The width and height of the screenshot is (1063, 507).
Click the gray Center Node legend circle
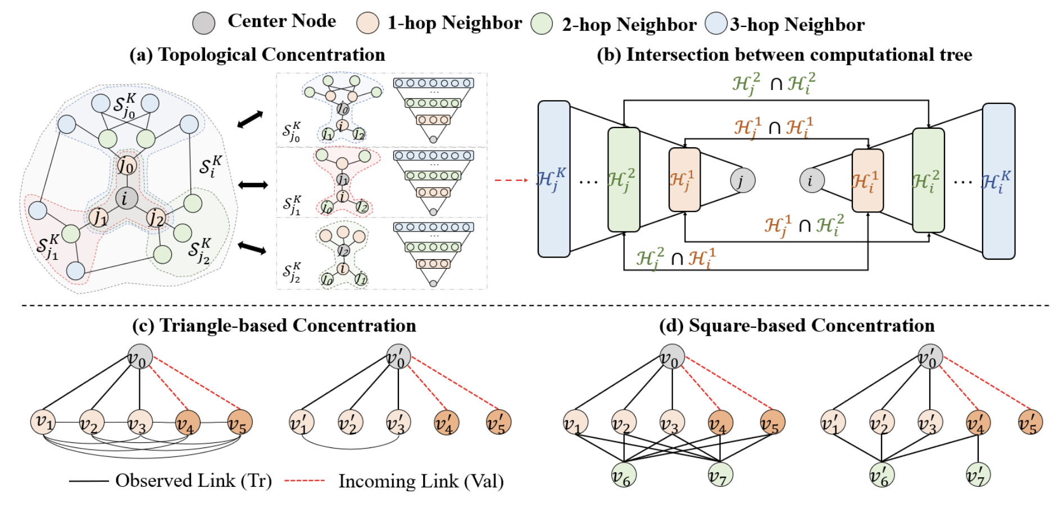click(203, 23)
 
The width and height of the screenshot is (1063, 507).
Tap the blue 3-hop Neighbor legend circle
click(716, 24)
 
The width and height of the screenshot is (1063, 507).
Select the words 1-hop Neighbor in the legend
click(455, 23)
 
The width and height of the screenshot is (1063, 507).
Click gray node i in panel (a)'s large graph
click(125, 197)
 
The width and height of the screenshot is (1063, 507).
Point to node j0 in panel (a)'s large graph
click(126, 165)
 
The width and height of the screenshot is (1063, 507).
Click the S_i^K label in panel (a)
click(211, 166)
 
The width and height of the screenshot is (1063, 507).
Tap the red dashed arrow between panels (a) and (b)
click(511, 180)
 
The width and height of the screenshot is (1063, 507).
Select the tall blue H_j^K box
click(554, 179)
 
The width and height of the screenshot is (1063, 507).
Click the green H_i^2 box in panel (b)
click(928, 180)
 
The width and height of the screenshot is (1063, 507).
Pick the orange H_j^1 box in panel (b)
click(684, 179)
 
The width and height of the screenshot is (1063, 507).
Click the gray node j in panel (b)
click(742, 180)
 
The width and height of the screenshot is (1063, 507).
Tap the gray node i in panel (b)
click(811, 180)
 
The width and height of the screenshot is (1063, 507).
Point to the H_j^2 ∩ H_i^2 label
click(773, 83)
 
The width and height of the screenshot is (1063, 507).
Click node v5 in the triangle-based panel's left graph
click(240, 422)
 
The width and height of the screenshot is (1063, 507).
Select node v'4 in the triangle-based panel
click(447, 423)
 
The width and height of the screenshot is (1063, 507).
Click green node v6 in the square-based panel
click(624, 475)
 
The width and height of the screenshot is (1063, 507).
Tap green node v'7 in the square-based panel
click(978, 475)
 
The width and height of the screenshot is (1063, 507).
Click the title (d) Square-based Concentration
click(797, 325)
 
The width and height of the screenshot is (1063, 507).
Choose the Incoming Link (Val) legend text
click(421, 481)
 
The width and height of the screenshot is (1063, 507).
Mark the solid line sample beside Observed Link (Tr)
click(89, 481)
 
